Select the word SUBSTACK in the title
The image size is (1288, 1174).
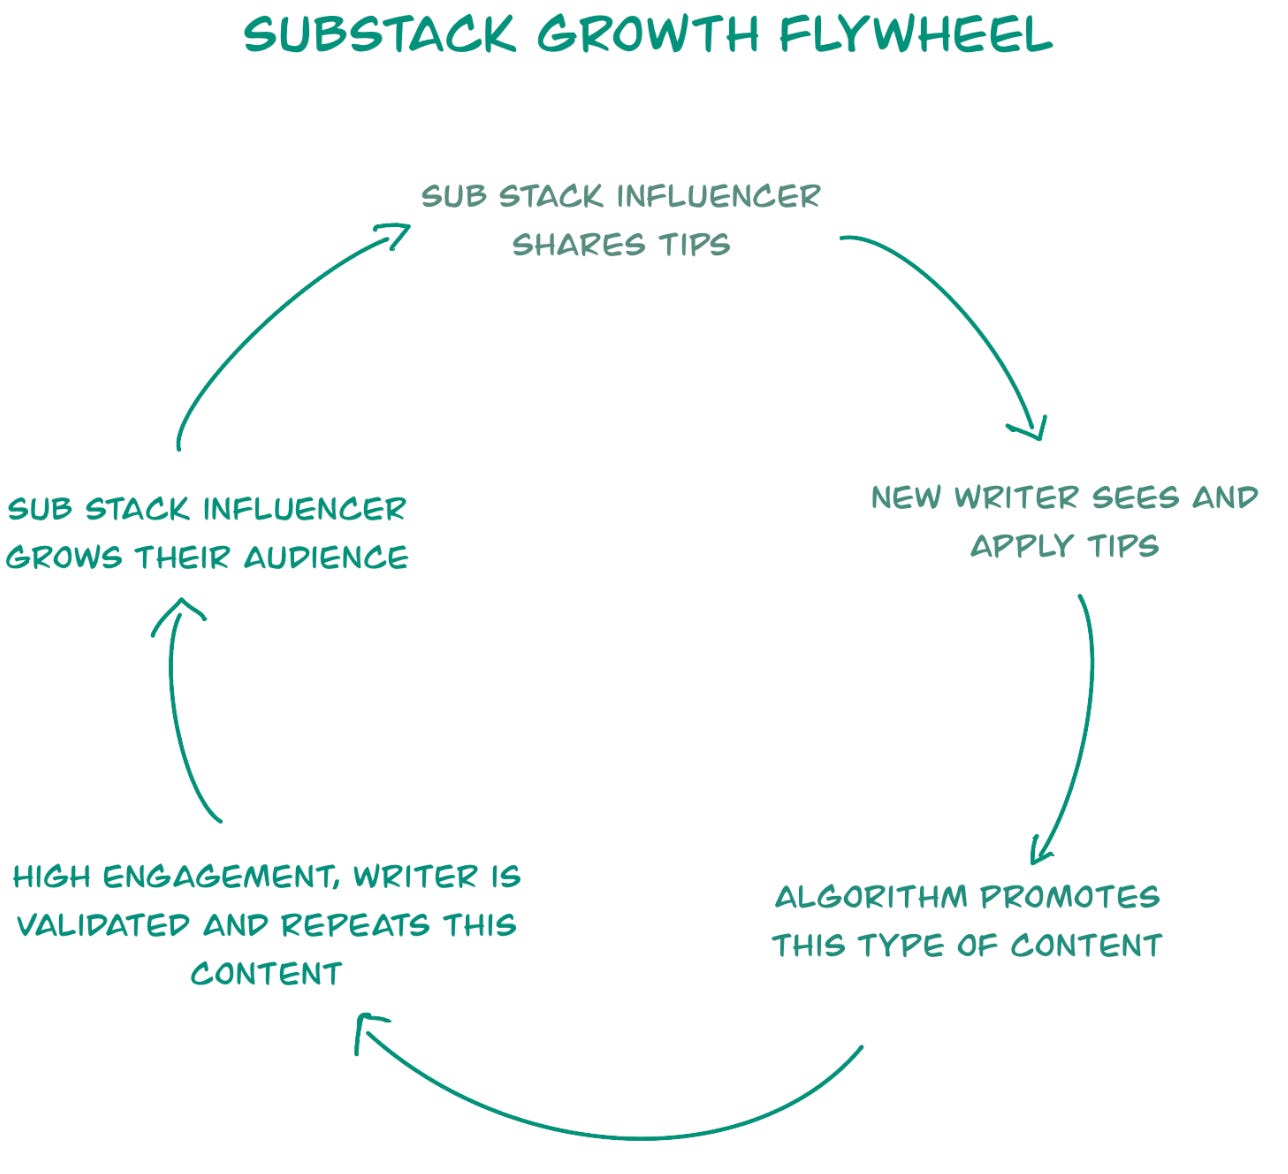pyautogui.click(x=380, y=35)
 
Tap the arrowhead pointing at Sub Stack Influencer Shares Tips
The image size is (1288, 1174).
pyautogui.click(x=394, y=234)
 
